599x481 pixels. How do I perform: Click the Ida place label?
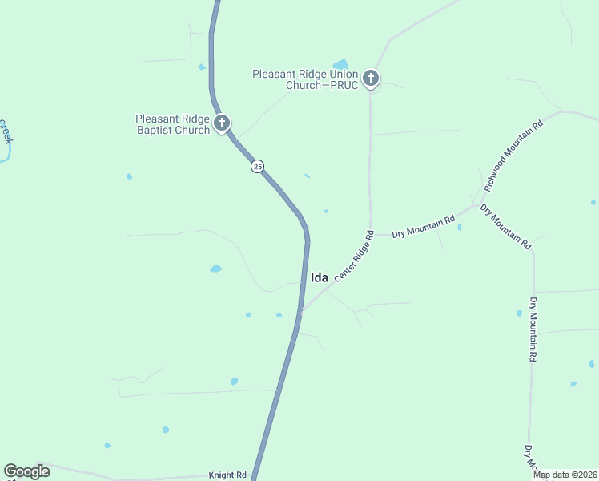click(319, 277)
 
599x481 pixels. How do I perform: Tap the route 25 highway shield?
click(256, 166)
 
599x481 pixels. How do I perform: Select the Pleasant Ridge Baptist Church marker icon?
click(222, 123)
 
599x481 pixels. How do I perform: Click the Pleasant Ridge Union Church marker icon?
click(370, 78)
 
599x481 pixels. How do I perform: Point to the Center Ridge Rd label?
click(354, 257)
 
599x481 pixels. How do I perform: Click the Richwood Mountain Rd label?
click(513, 156)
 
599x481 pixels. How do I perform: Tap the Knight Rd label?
click(227, 475)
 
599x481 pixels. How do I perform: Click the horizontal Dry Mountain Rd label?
click(424, 228)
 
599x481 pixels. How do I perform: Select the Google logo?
click(26, 471)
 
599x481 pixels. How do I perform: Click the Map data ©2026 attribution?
click(565, 475)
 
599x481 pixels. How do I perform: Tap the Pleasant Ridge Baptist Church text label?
click(172, 124)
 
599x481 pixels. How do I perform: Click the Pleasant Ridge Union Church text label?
click(304, 79)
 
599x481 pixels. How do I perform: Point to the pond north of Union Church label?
click(340, 64)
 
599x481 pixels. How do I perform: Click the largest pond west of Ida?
click(215, 269)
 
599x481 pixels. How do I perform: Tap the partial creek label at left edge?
click(6, 132)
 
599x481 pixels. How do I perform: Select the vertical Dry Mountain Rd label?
click(533, 329)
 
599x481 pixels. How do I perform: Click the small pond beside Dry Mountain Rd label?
click(459, 227)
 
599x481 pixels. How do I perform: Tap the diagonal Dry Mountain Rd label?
click(505, 227)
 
